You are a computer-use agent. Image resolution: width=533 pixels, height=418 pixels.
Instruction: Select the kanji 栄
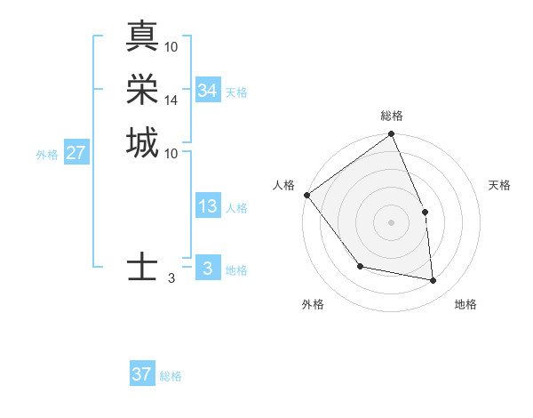coord(142,89)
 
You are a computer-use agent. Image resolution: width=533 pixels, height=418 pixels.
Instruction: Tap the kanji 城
coord(142,142)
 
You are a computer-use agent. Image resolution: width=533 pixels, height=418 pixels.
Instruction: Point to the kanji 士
coord(142,267)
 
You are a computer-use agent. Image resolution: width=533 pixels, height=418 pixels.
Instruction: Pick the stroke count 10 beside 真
coord(171,46)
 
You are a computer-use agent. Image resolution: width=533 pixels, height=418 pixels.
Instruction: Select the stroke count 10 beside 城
coord(171,153)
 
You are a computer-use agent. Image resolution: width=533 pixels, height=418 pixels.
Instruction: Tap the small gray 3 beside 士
coord(171,278)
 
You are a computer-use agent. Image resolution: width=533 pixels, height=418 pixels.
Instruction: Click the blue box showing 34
coord(207,91)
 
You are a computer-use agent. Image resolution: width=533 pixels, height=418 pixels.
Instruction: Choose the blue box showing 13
coord(207,206)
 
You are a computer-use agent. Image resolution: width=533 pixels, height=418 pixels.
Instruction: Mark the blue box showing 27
coord(76,153)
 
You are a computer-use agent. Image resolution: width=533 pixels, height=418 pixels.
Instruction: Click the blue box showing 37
coord(142,374)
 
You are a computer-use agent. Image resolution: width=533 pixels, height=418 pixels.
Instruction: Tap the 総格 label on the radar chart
coord(392,116)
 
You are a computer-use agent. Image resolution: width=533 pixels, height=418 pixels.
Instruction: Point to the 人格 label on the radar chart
coord(284,185)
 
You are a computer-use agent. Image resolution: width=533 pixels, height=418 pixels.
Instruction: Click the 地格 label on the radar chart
coord(465,304)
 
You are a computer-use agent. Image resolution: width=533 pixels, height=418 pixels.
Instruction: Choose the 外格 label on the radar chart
coord(313,304)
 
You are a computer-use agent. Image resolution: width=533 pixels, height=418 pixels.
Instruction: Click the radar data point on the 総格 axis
coord(392,135)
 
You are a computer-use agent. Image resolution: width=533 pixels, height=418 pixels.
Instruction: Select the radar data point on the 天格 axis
coord(425,212)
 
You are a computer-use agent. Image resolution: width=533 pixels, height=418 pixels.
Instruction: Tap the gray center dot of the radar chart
coord(392,222)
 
